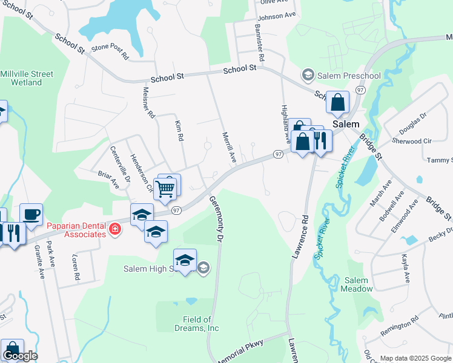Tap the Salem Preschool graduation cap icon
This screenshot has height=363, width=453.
click(308, 75)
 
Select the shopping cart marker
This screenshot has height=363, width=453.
click(165, 188)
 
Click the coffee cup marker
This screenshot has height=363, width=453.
click(31, 214)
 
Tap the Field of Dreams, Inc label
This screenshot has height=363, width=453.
click(200, 324)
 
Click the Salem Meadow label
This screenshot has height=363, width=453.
click(356, 284)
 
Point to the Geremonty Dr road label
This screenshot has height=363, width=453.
click(216, 219)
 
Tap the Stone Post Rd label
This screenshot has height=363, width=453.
click(110, 53)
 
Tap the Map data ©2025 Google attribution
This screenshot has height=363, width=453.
click(416, 358)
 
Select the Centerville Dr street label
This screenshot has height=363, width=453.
click(120, 163)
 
